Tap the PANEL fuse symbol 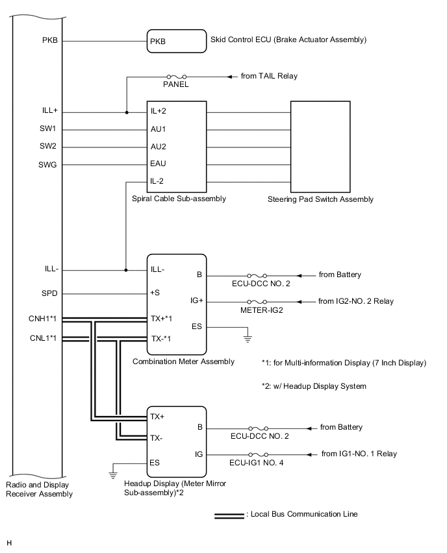(x=177, y=77)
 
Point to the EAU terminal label (x=159, y=164)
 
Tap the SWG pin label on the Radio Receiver (x=49, y=165)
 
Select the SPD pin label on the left (x=49, y=293)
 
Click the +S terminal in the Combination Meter (x=156, y=293)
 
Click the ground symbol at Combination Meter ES (x=247, y=337)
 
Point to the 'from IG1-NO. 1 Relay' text (x=359, y=454)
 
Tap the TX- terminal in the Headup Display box (x=157, y=438)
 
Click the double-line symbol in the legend (x=229, y=515)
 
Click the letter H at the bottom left (x=9, y=541)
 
